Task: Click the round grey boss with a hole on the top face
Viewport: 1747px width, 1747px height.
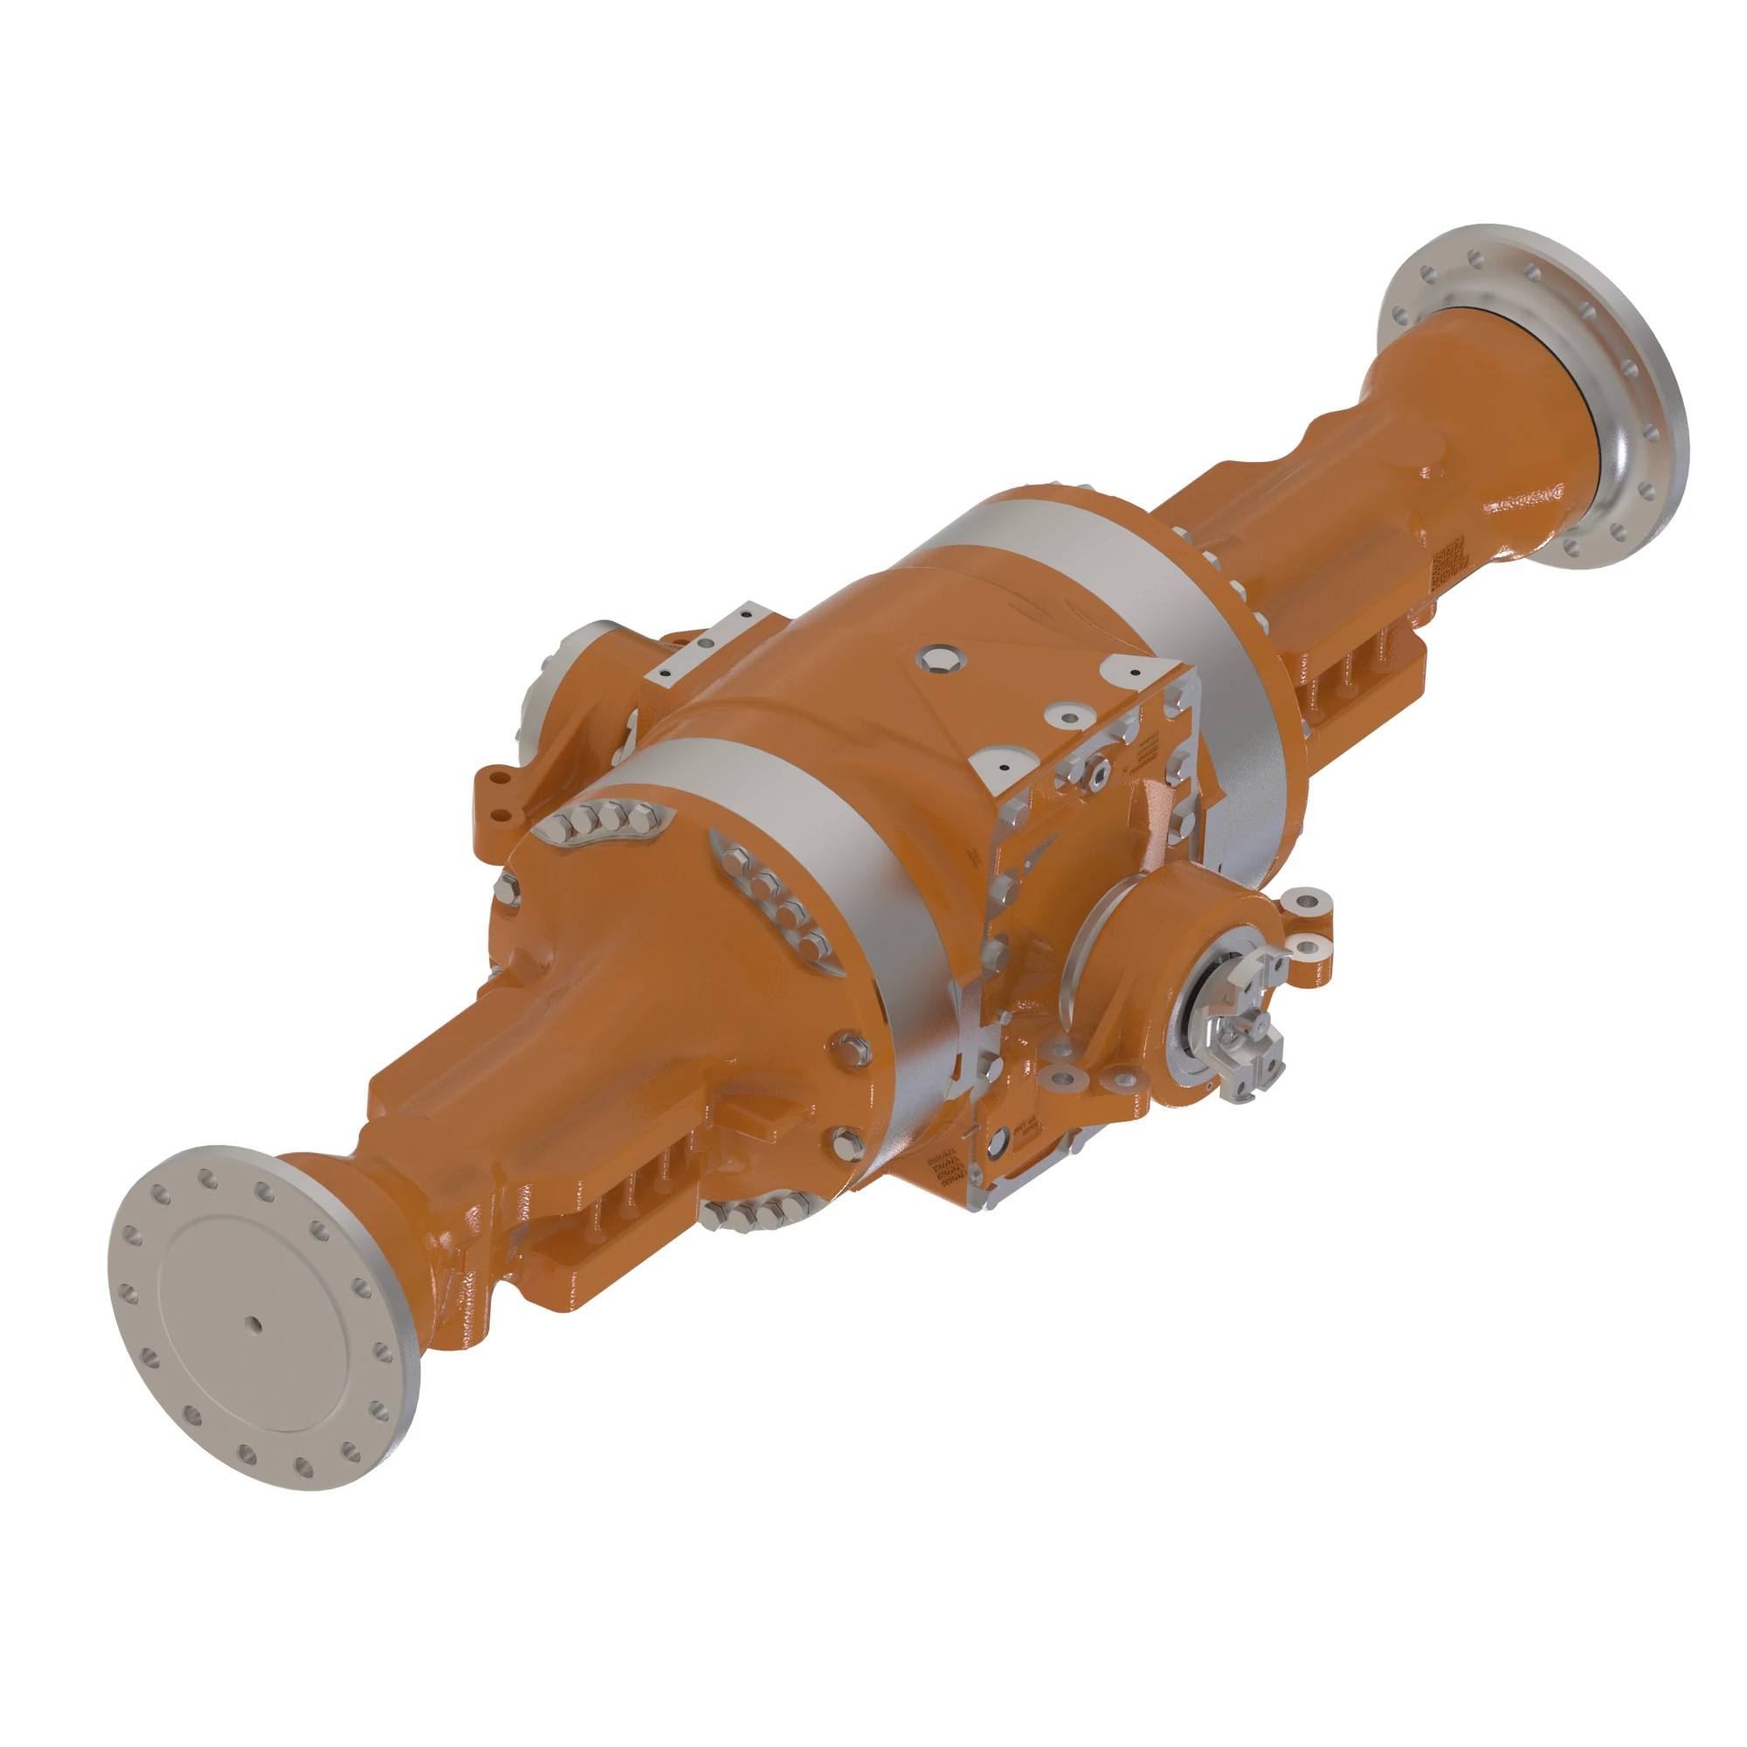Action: click(1069, 716)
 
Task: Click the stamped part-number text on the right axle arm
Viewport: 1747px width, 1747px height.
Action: click(1447, 563)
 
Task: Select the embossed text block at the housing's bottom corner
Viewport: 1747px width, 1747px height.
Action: click(946, 1172)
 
